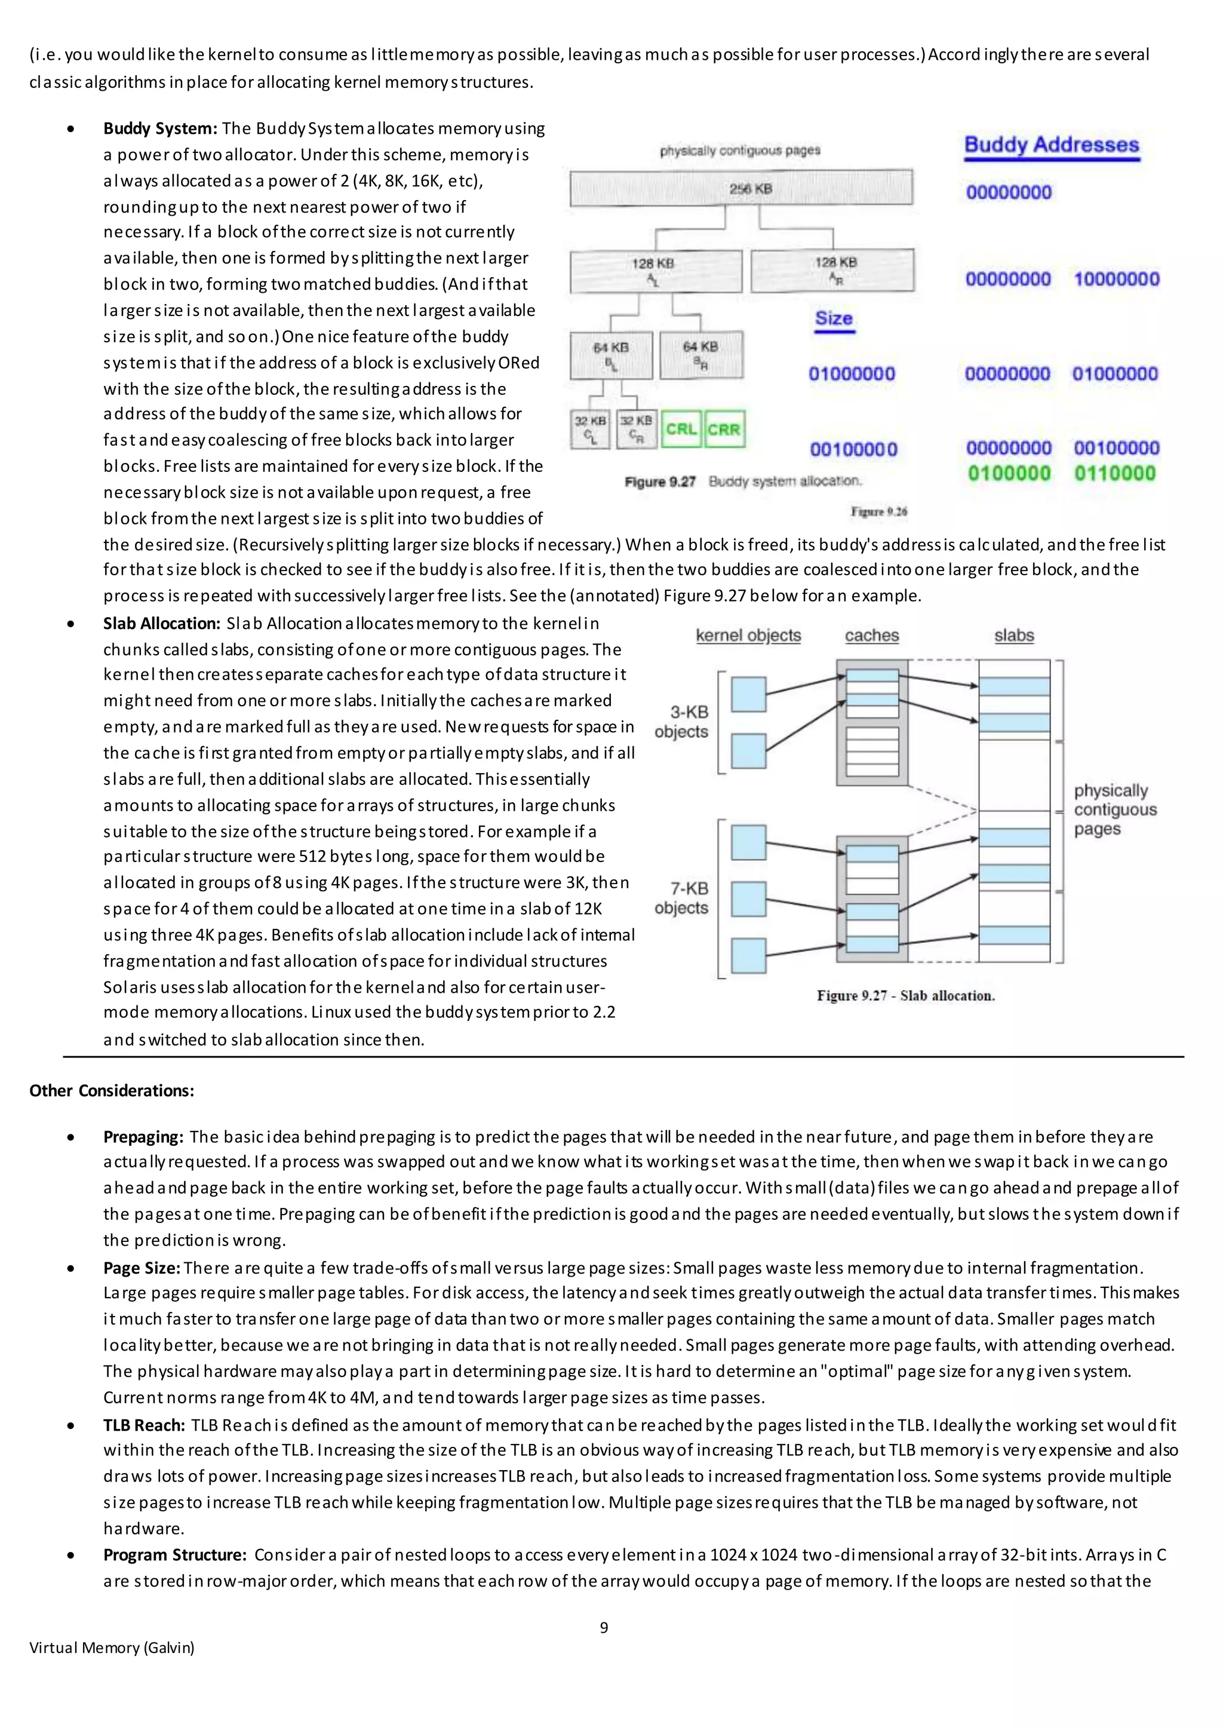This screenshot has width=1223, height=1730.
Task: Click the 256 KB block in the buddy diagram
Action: (x=741, y=188)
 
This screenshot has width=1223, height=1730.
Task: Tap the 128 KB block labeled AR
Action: (x=833, y=270)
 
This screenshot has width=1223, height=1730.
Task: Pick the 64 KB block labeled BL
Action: (x=611, y=355)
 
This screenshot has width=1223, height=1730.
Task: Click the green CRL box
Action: (x=681, y=430)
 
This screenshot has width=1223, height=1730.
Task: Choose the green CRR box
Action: (x=724, y=430)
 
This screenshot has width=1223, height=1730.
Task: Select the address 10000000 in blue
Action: (x=1116, y=279)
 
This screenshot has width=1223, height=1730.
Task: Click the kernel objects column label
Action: (x=748, y=635)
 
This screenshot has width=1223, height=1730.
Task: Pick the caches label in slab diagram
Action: (x=871, y=635)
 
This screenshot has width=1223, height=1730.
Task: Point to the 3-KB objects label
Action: (x=681, y=721)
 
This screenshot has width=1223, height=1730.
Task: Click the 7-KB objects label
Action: (x=681, y=898)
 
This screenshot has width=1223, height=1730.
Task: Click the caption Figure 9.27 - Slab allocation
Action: (x=905, y=995)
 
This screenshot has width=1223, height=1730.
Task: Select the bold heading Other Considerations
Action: (x=112, y=1090)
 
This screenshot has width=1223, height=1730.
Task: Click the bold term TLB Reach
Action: (x=144, y=1425)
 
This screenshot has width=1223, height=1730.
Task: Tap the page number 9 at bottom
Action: (x=604, y=1627)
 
